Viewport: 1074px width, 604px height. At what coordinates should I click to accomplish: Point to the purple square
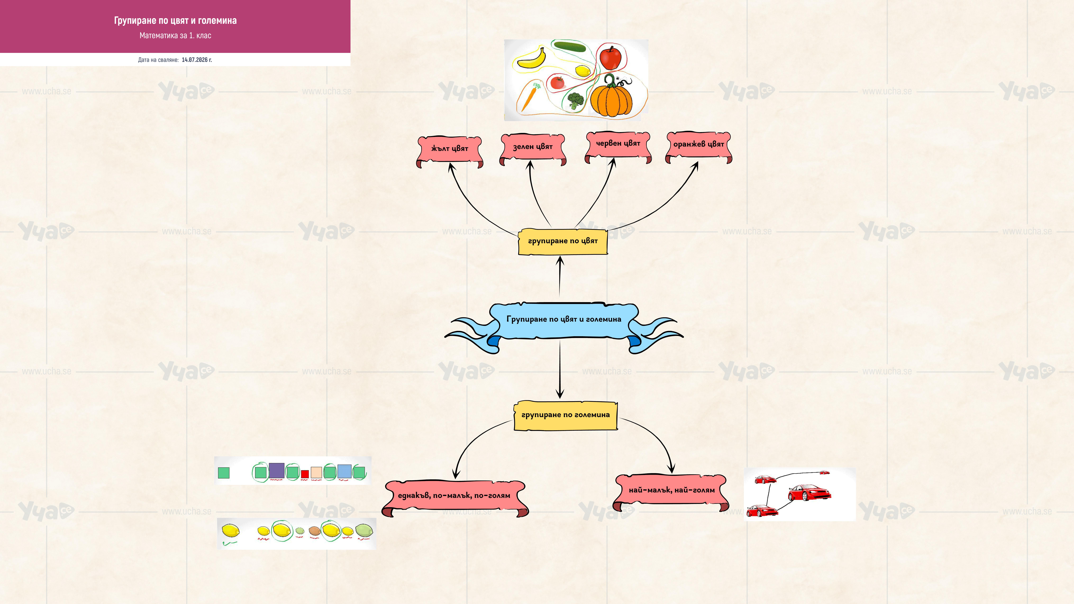pos(276,471)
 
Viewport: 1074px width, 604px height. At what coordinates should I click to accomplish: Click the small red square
pos(305,474)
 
